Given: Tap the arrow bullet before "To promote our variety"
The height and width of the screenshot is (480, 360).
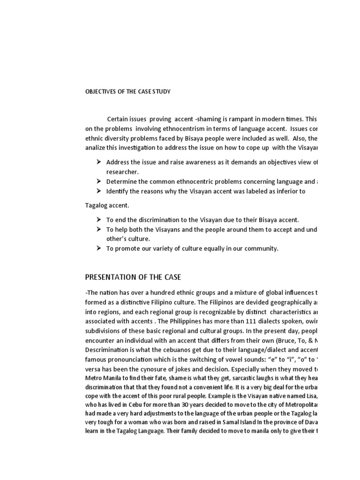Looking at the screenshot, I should coord(99,248).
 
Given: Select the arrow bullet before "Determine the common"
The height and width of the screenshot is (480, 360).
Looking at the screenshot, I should coord(99,181).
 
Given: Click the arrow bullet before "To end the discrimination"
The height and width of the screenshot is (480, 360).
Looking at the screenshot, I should coord(99,219).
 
